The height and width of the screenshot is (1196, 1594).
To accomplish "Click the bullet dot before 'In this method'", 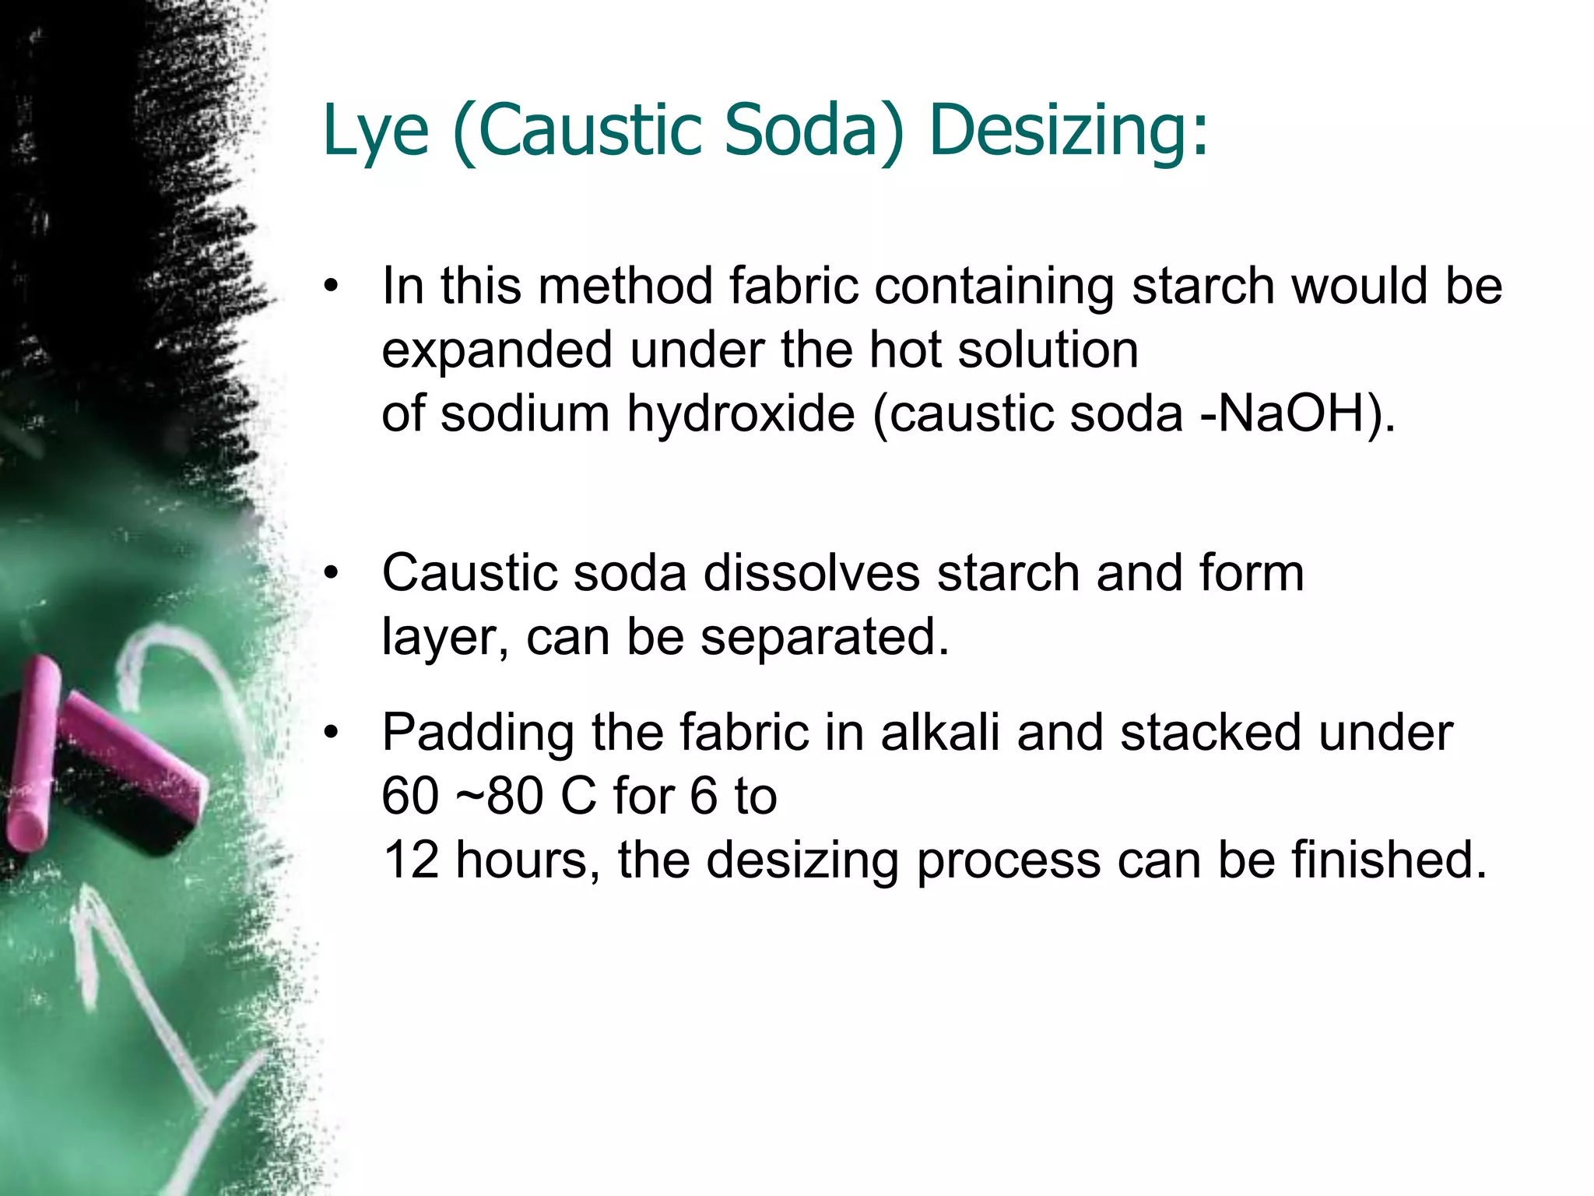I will tap(332, 286).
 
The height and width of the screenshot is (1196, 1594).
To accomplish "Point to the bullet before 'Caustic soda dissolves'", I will tap(332, 573).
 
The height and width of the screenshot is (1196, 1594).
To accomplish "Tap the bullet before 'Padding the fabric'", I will tap(332, 733).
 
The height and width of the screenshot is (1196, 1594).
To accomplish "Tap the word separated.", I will tap(824, 638).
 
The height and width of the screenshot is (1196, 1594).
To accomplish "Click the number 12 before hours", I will tap(411, 860).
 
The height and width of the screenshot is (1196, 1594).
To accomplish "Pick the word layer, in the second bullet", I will tap(445, 638).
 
